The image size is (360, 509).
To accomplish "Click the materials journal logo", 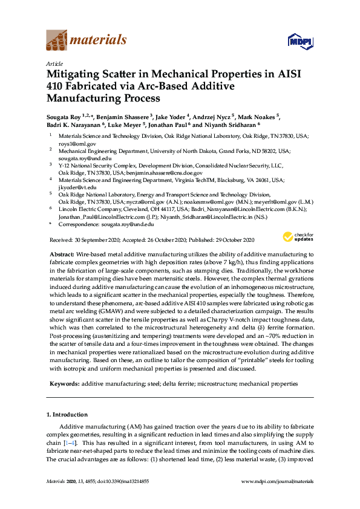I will (x=87, y=41).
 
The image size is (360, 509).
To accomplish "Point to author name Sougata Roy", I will (x=65, y=117).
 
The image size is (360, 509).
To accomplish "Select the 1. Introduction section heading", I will (x=67, y=415).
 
